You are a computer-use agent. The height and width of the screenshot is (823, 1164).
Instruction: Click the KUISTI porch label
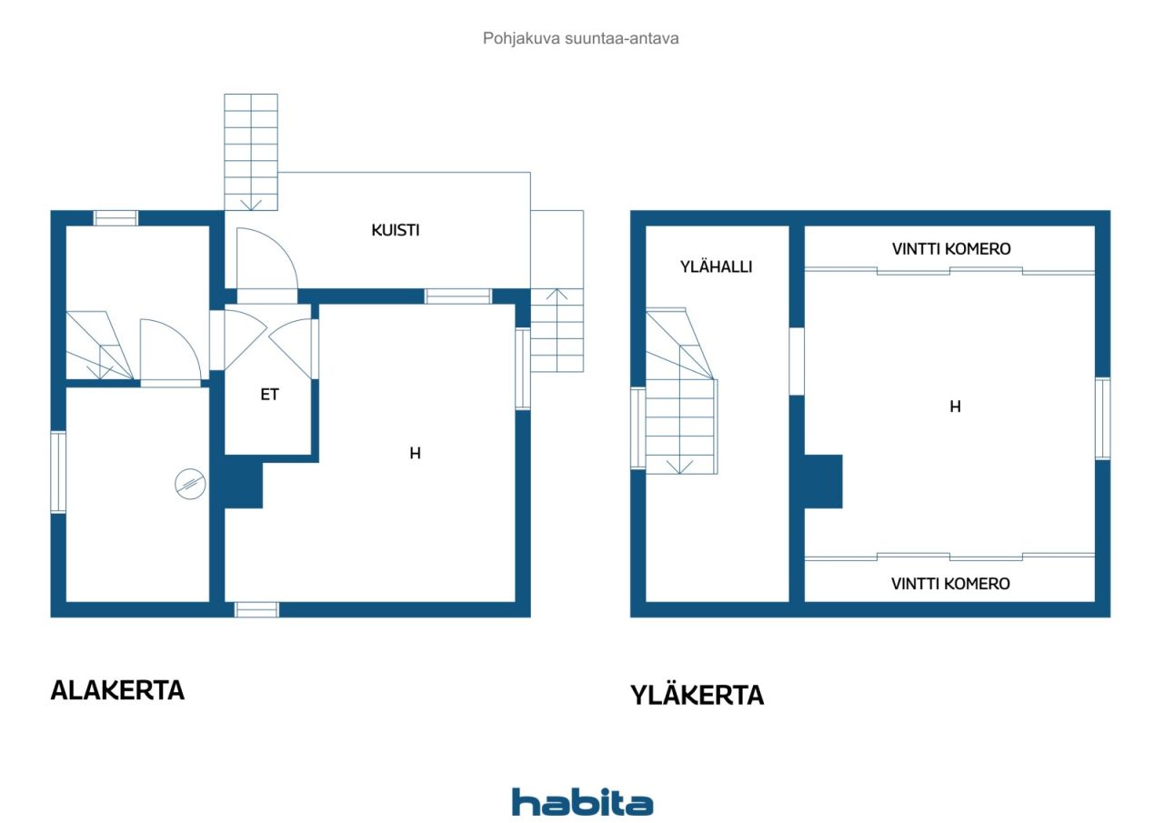click(396, 230)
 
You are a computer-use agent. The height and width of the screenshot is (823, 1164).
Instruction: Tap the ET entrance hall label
click(270, 395)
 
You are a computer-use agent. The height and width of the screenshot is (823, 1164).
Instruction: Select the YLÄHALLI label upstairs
click(716, 267)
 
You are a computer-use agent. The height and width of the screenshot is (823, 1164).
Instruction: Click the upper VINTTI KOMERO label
click(951, 249)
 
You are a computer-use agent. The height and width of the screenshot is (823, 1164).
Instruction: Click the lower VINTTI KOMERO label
click(950, 584)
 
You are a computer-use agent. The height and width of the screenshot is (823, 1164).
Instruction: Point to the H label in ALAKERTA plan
click(415, 454)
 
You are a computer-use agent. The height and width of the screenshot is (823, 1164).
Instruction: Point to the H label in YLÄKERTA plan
click(955, 406)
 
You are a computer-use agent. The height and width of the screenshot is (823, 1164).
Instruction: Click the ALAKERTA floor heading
click(117, 690)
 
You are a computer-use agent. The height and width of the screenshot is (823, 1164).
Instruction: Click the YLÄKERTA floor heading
click(697, 695)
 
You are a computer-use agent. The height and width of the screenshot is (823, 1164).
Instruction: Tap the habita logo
click(582, 802)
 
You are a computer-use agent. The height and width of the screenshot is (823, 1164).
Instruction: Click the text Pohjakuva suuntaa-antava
click(581, 38)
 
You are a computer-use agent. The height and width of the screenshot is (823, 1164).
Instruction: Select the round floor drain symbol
click(190, 484)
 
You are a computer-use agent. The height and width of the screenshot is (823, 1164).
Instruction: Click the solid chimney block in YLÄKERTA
click(823, 482)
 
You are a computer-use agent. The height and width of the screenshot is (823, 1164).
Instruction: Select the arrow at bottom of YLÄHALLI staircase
click(679, 467)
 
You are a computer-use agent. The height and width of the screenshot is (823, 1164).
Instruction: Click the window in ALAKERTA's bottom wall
click(256, 610)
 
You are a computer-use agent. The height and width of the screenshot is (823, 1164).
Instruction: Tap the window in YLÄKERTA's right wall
click(1103, 418)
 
